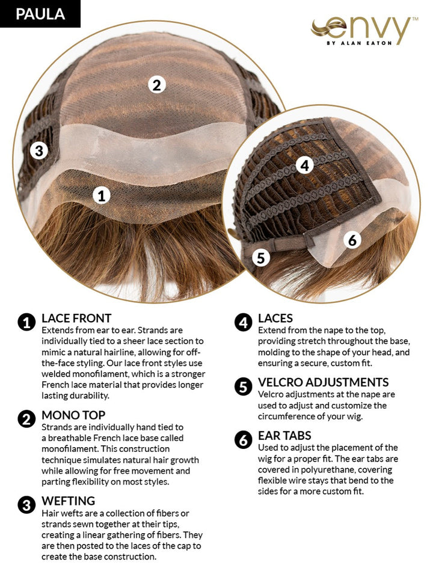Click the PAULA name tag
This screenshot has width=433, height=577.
coord(40,14)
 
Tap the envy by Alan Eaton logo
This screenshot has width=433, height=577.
coord(364,31)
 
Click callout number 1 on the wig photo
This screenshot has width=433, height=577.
coord(102,195)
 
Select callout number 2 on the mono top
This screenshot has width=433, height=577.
coord(157,85)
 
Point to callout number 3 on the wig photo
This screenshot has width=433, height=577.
coord(39,150)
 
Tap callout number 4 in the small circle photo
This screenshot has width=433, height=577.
coord(305,166)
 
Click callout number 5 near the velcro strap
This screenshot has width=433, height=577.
coord(261,258)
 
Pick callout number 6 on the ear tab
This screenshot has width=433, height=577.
coord(352,240)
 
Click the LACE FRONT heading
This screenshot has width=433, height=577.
coord(76,319)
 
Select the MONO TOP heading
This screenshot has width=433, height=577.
coord(73,415)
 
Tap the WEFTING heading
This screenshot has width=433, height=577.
coord(68,501)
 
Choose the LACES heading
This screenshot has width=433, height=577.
coord(275,319)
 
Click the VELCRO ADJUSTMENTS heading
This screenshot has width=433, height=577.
coord(324,382)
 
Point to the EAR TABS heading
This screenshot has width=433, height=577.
coord(284,436)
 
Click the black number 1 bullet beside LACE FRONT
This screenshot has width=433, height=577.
coord(26,323)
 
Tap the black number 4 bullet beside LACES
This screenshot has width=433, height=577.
coord(244,323)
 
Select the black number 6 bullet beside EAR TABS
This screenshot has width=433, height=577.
coord(244,440)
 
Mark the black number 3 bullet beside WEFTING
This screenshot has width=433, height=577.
coord(26,505)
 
